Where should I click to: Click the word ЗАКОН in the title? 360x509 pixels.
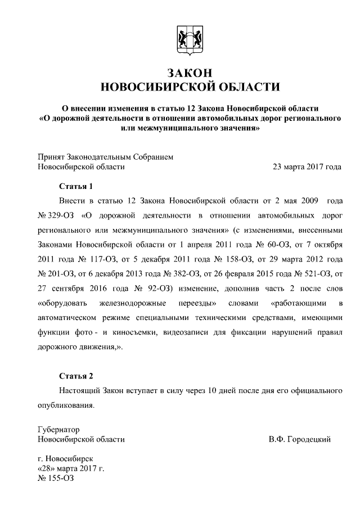(x=188, y=73)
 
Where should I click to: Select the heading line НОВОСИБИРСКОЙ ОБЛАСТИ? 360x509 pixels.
(x=188, y=87)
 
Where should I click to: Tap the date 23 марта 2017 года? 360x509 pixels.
(x=307, y=167)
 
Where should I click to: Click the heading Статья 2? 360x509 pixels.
(x=75, y=376)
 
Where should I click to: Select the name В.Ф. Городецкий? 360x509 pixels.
(x=299, y=439)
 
